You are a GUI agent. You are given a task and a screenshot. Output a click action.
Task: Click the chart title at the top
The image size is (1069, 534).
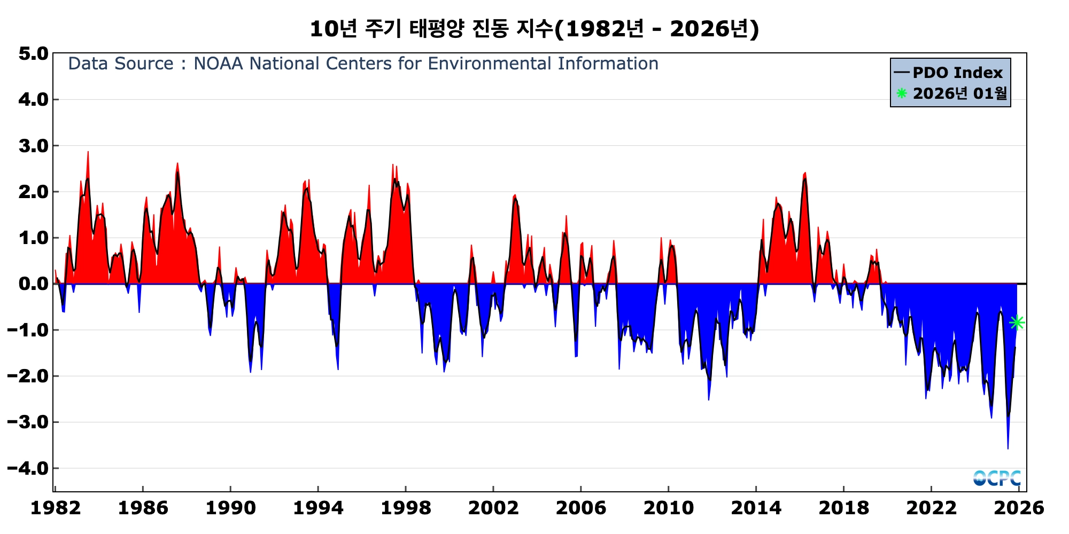click(x=534, y=29)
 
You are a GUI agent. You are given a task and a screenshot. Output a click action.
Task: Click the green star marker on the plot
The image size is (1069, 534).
click(x=1017, y=323)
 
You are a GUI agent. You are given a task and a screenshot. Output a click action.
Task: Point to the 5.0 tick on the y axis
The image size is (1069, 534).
click(x=33, y=53)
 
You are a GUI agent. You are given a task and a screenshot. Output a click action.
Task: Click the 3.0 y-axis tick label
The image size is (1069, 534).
click(x=33, y=146)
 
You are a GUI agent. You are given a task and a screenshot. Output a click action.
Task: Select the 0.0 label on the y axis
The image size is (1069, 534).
click(x=33, y=284)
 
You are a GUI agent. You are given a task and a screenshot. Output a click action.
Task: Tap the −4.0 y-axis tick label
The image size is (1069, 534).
click(x=28, y=469)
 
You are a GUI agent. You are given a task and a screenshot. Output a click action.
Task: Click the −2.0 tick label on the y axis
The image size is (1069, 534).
click(x=28, y=376)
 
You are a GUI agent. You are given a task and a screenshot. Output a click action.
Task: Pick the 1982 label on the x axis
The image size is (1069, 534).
click(x=56, y=508)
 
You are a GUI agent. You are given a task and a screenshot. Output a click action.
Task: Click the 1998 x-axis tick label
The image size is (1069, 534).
click(x=406, y=508)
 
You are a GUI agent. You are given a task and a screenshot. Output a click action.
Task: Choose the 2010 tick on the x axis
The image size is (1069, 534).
click(x=669, y=508)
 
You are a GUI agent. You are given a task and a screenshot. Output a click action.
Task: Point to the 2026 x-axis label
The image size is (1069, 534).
click(x=1019, y=508)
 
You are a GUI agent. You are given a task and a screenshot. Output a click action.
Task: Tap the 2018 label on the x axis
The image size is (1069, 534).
click(x=844, y=508)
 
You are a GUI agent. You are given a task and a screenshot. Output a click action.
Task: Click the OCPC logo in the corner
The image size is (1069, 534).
click(x=997, y=478)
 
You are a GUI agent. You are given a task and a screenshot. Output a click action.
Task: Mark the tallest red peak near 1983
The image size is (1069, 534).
click(x=88, y=152)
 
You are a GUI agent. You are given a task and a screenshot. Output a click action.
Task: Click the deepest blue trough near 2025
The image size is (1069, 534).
click(x=1008, y=448)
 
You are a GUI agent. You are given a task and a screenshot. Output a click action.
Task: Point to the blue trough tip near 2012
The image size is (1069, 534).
click(x=709, y=399)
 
